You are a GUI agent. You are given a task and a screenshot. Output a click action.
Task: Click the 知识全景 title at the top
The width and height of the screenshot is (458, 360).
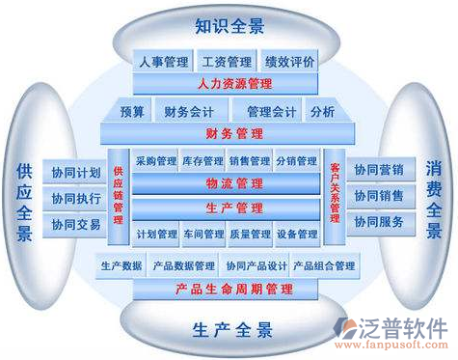click(x=229, y=24)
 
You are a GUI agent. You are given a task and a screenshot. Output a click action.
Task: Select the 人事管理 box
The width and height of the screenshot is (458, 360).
click(x=163, y=63)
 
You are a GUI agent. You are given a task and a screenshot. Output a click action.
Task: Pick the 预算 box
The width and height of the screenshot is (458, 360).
click(x=133, y=112)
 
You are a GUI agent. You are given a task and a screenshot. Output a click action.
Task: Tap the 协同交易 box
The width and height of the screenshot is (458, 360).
click(x=76, y=225)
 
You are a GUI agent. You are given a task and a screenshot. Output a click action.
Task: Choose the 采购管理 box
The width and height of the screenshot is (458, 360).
click(x=155, y=161)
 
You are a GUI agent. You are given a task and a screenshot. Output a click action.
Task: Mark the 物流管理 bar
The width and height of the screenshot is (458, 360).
click(x=229, y=183)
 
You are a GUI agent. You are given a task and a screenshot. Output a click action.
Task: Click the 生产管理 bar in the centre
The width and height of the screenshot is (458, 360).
click(x=229, y=208)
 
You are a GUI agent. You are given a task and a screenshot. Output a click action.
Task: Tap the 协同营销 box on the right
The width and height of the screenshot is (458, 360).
click(x=379, y=170)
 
